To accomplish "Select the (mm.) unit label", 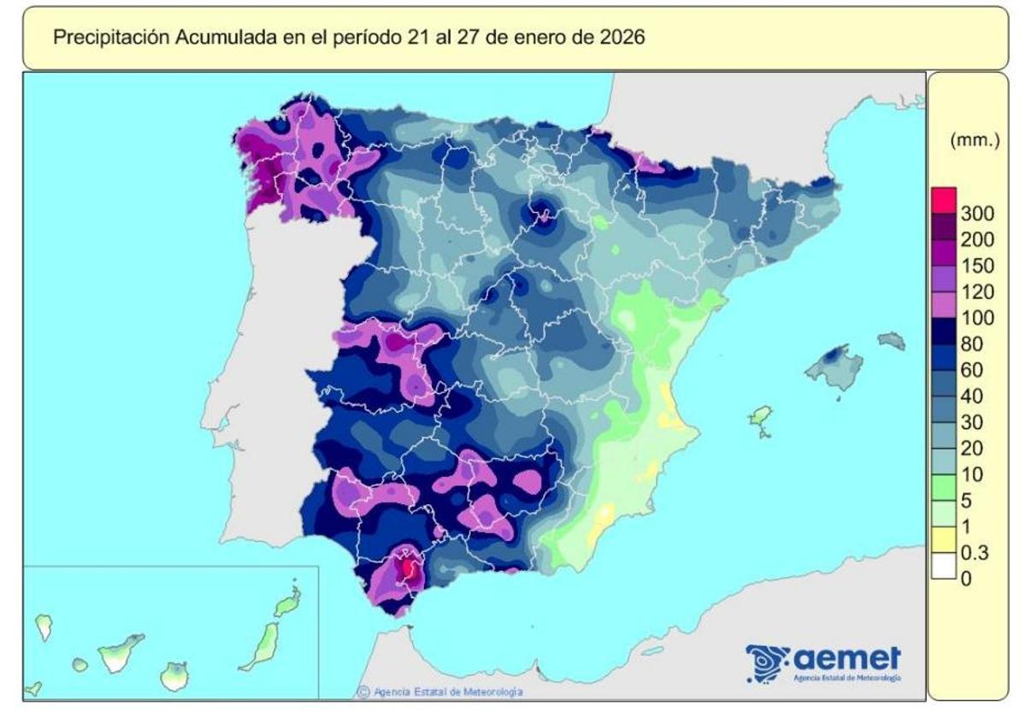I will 975,142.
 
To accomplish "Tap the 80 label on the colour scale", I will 971,344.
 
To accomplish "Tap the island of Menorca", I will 892,340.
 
